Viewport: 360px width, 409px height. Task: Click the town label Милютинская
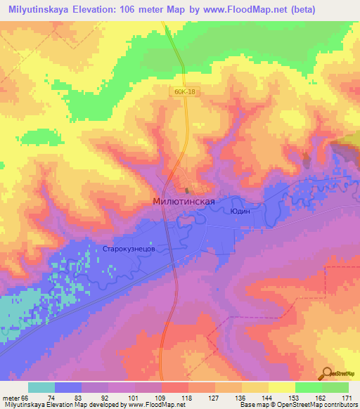click(183, 200)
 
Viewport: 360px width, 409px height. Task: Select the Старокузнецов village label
click(134, 249)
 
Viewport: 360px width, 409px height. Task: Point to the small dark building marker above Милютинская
click(186, 190)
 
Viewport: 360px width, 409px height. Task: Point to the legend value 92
click(105, 398)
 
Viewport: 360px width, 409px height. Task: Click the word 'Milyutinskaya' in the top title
click(39, 10)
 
